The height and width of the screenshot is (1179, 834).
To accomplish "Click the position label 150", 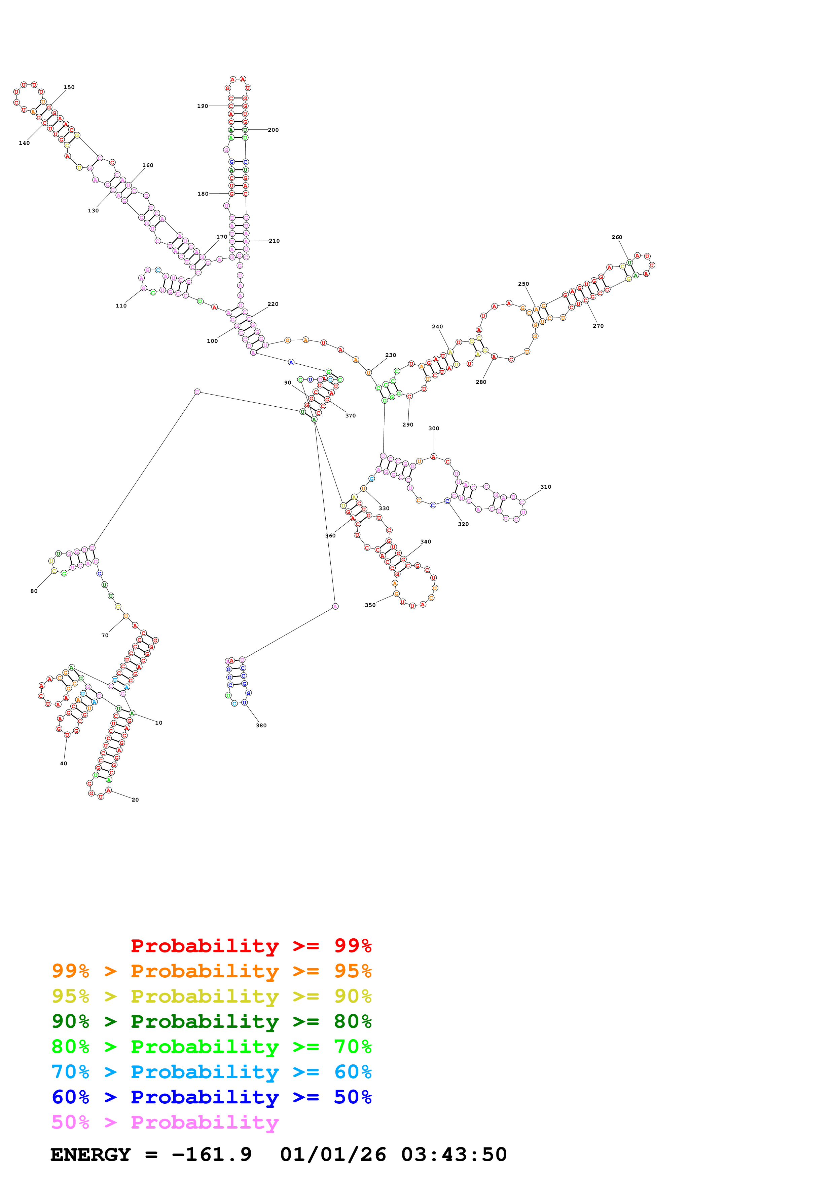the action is coord(69,87).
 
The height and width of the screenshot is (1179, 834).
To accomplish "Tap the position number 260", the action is coord(617,237).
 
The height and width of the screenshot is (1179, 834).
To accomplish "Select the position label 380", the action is coord(261,726).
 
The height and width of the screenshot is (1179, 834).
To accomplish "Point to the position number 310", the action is coord(546,487).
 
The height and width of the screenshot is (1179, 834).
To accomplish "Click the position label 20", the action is coord(135,800).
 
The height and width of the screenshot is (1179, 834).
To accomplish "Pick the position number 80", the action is coord(34,591).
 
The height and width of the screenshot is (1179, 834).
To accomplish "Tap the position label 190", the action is coord(203,106).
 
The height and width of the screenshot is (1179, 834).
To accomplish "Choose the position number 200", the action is coord(274,130).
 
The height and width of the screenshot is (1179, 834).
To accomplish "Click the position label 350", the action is coord(370,605).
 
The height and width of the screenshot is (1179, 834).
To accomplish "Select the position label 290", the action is coord(407,425).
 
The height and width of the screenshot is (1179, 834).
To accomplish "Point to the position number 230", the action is coord(391,355).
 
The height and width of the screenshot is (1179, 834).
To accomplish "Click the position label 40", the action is coord(63,764).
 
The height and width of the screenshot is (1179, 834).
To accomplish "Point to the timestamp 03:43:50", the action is coord(454,1154).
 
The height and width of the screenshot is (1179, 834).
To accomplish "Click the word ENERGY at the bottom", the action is coord(90,1154).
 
